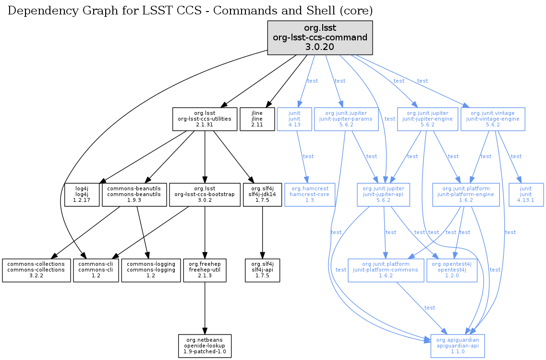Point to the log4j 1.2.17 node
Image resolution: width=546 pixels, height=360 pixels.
pos(82,195)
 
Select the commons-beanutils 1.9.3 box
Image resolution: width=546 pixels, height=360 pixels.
pos(134,195)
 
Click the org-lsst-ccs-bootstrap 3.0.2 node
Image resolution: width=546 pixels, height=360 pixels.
pos(205,195)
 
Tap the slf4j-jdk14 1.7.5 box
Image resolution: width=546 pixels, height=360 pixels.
pos(262,195)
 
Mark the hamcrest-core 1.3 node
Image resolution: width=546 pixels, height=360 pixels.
pos(310,195)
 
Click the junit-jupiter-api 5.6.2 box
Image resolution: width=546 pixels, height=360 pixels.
pos(384,195)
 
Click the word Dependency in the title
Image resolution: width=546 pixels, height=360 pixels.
pos(37,11)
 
